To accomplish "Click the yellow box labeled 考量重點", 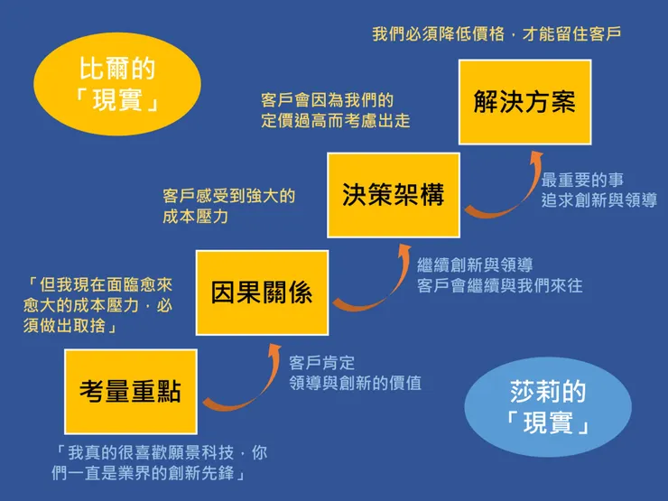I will coord(131,391).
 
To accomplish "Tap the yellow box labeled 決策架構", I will coord(394,195).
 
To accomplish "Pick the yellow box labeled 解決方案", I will coord(524,101).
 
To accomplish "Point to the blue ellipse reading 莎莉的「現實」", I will coord(548,406).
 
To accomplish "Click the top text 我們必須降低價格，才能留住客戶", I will coord(496,34).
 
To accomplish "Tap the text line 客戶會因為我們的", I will coord(328,99).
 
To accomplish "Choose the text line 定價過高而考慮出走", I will coord(336,120).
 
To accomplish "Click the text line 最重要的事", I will coord(582,181).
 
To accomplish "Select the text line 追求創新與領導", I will coord(598,200).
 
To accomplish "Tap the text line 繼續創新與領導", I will coord(475,265).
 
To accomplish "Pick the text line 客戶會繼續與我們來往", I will coord(500,285).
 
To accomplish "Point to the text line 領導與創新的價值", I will coord(355,384).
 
